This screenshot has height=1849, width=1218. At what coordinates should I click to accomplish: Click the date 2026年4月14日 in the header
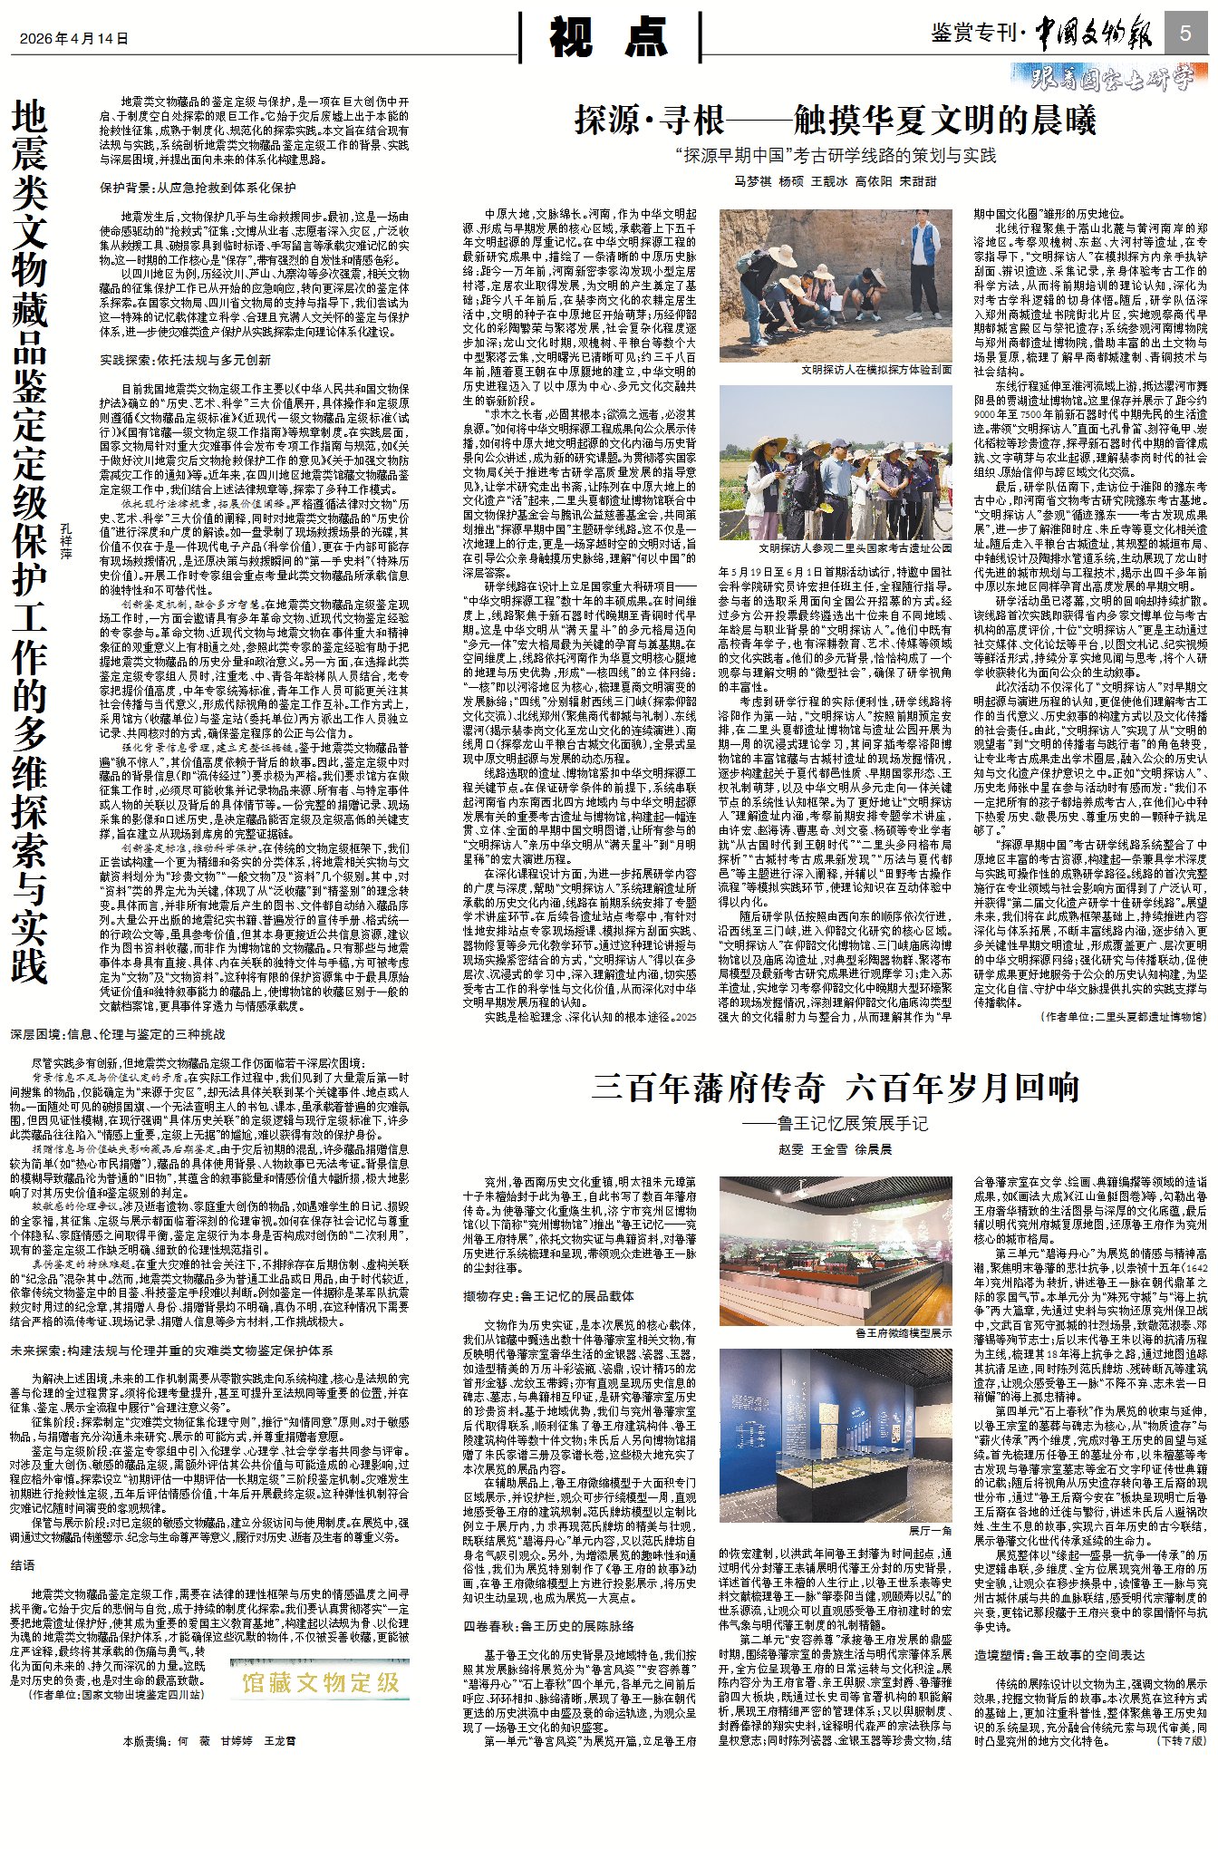click(x=74, y=39)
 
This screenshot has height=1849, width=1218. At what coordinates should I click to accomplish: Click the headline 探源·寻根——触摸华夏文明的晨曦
click(x=835, y=121)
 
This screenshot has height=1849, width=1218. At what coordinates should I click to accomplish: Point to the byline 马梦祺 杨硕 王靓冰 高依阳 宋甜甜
click(x=835, y=181)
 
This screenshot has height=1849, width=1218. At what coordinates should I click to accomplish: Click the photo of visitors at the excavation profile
click(x=835, y=285)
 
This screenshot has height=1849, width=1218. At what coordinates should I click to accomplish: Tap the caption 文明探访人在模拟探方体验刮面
click(x=875, y=370)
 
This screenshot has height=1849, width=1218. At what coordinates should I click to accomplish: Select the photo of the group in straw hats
click(x=835, y=461)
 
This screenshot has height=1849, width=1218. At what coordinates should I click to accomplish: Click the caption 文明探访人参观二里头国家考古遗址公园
click(x=855, y=548)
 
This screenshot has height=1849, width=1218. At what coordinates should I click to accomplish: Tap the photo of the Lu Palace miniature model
click(x=835, y=1251)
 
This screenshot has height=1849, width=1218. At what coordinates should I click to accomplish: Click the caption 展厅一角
click(x=930, y=1531)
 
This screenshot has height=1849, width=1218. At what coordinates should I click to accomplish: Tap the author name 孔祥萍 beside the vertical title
click(x=65, y=540)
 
